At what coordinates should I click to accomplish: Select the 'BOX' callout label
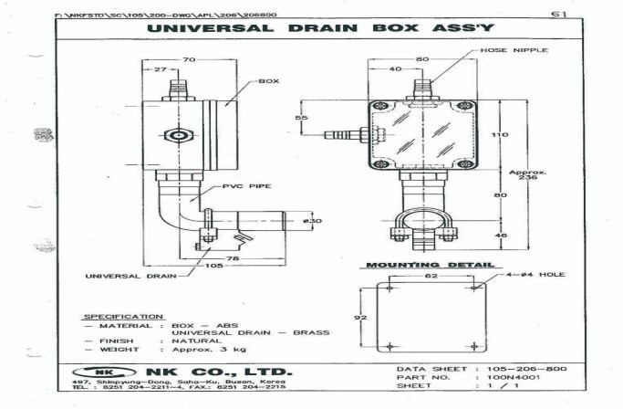pos(268,81)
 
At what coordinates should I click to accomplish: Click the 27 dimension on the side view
pos(160,69)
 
